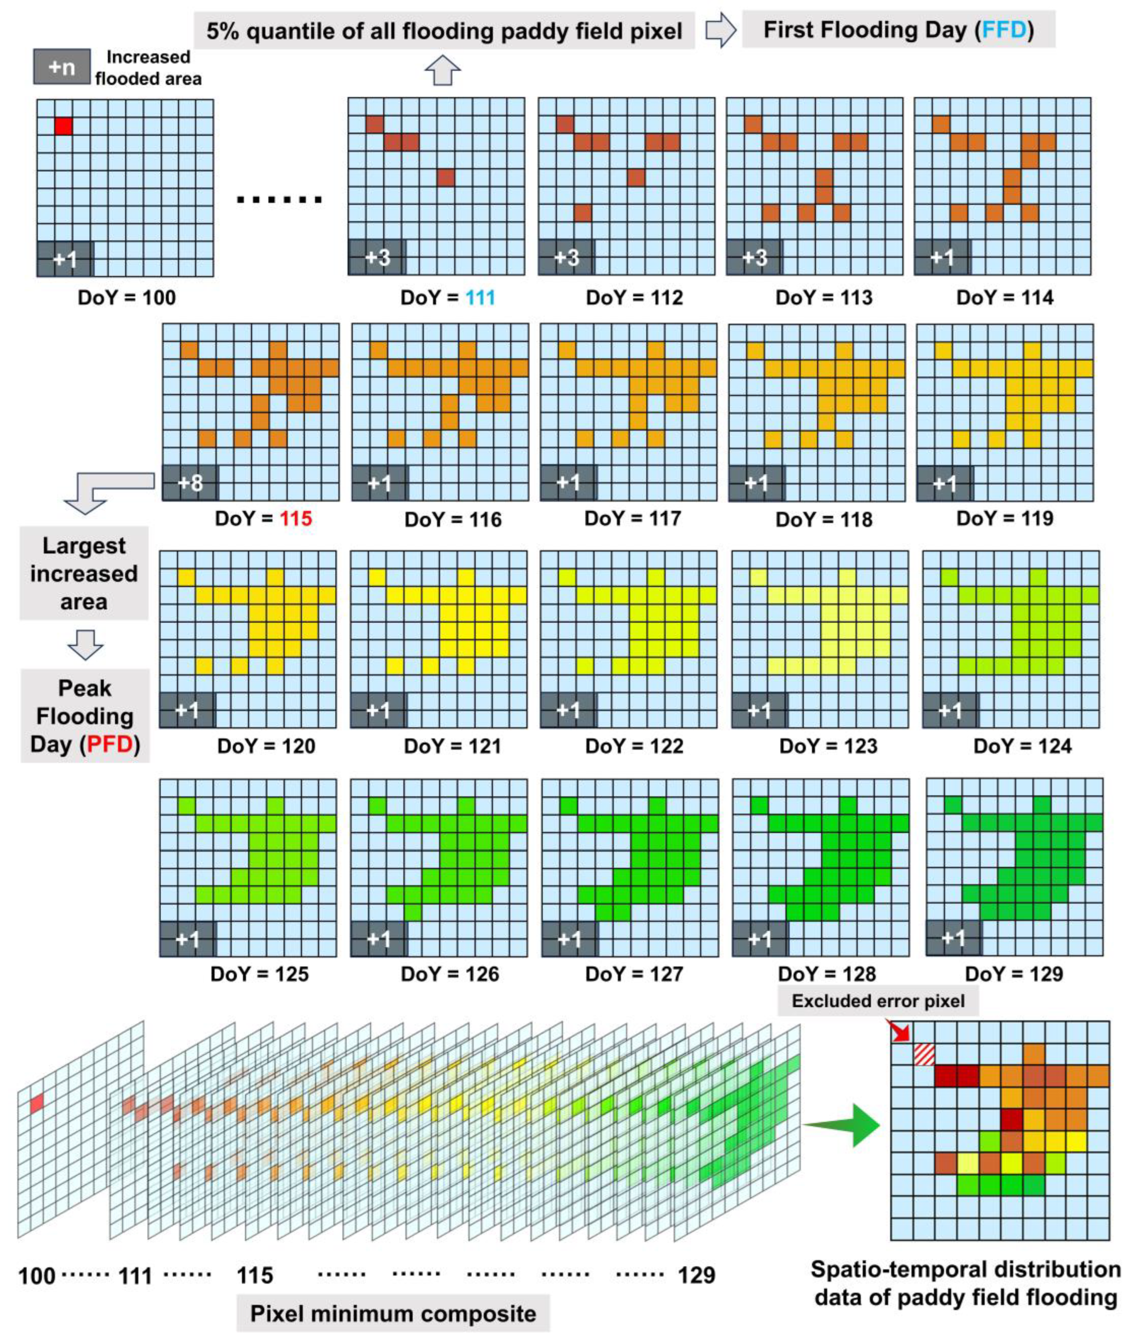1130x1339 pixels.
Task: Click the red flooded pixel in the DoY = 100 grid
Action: click(63, 126)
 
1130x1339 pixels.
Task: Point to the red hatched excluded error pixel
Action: click(923, 1054)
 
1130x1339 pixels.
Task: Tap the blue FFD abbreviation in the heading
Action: click(1004, 30)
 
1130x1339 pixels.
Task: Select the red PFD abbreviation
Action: click(110, 744)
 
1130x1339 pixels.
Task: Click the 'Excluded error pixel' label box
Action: click(877, 1001)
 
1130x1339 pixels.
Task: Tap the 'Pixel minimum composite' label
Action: click(393, 1313)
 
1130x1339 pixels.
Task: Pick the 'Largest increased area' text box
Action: click(84, 573)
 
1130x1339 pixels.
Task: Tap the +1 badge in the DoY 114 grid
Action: click(942, 258)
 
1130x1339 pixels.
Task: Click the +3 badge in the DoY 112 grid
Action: click(566, 258)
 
